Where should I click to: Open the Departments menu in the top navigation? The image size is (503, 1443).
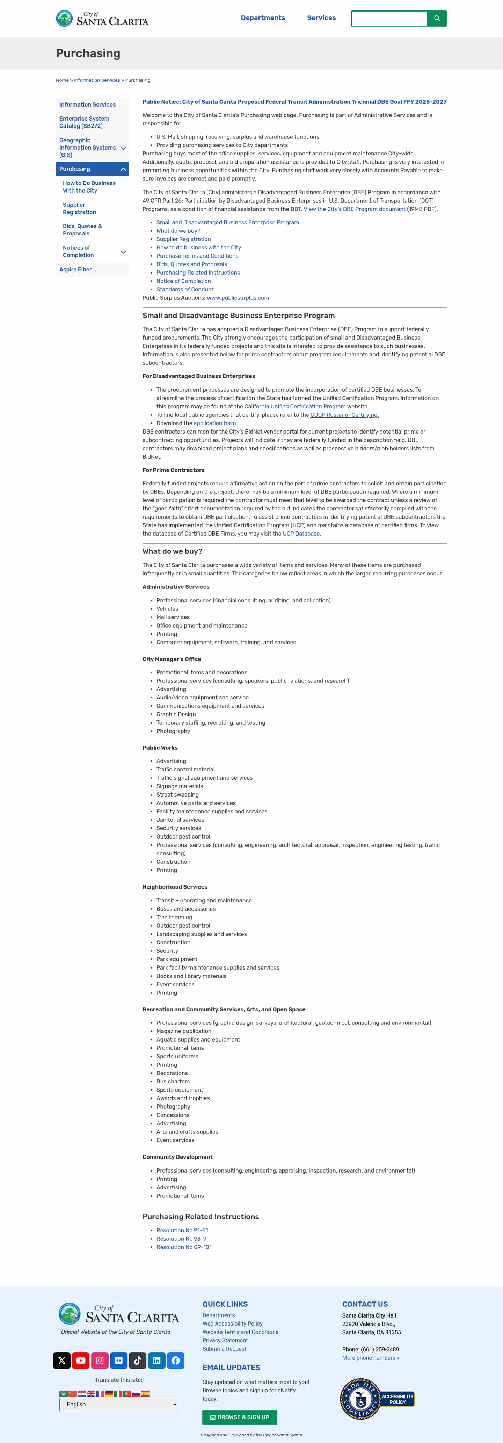pyautogui.click(x=263, y=18)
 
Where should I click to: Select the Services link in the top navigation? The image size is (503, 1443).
pyautogui.click(x=321, y=18)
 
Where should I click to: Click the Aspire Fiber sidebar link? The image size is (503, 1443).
pyautogui.click(x=75, y=269)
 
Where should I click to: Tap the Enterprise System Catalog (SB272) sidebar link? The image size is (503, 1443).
pyautogui.click(x=84, y=122)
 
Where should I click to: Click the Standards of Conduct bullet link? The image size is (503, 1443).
pyautogui.click(x=184, y=290)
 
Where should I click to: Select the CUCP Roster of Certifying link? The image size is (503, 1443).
pyautogui.click(x=344, y=415)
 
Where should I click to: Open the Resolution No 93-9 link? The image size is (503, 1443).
pyautogui.click(x=181, y=1239)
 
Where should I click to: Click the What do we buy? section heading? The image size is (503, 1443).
pyautogui.click(x=172, y=551)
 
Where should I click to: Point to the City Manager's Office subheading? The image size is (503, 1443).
pyautogui.click(x=172, y=659)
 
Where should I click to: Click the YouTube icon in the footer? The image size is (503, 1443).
pyautogui.click(x=81, y=1360)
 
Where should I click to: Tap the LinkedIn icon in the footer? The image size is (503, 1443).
pyautogui.click(x=156, y=1360)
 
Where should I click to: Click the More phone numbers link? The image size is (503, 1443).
pyautogui.click(x=370, y=1358)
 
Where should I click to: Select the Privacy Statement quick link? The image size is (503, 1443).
pyautogui.click(x=225, y=1341)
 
